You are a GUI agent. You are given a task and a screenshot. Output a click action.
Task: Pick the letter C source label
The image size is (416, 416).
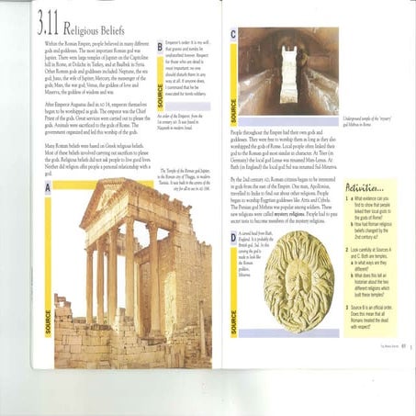coord(233,35)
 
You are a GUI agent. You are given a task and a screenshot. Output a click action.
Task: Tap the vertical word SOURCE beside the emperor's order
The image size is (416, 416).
coord(162,87)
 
